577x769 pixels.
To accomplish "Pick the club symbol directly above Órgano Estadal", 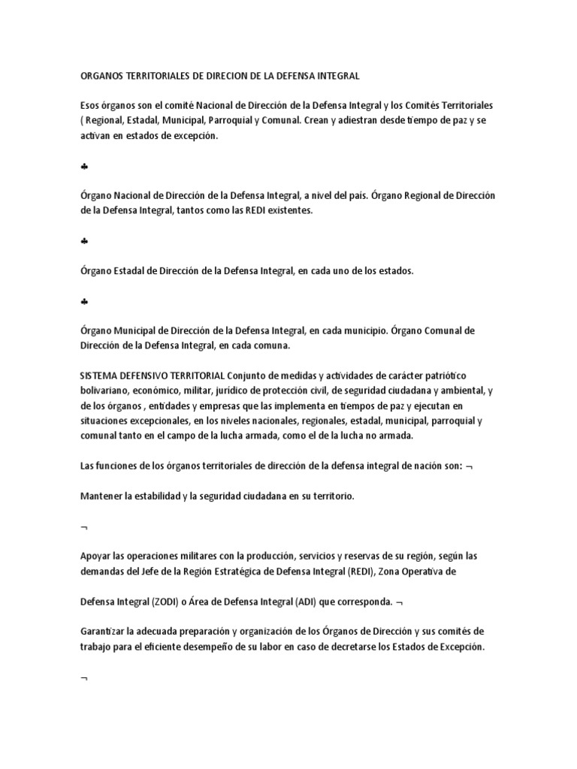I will click(x=84, y=241).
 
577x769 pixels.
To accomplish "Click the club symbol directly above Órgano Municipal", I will click(x=84, y=301).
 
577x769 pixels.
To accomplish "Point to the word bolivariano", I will click(x=105, y=391).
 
